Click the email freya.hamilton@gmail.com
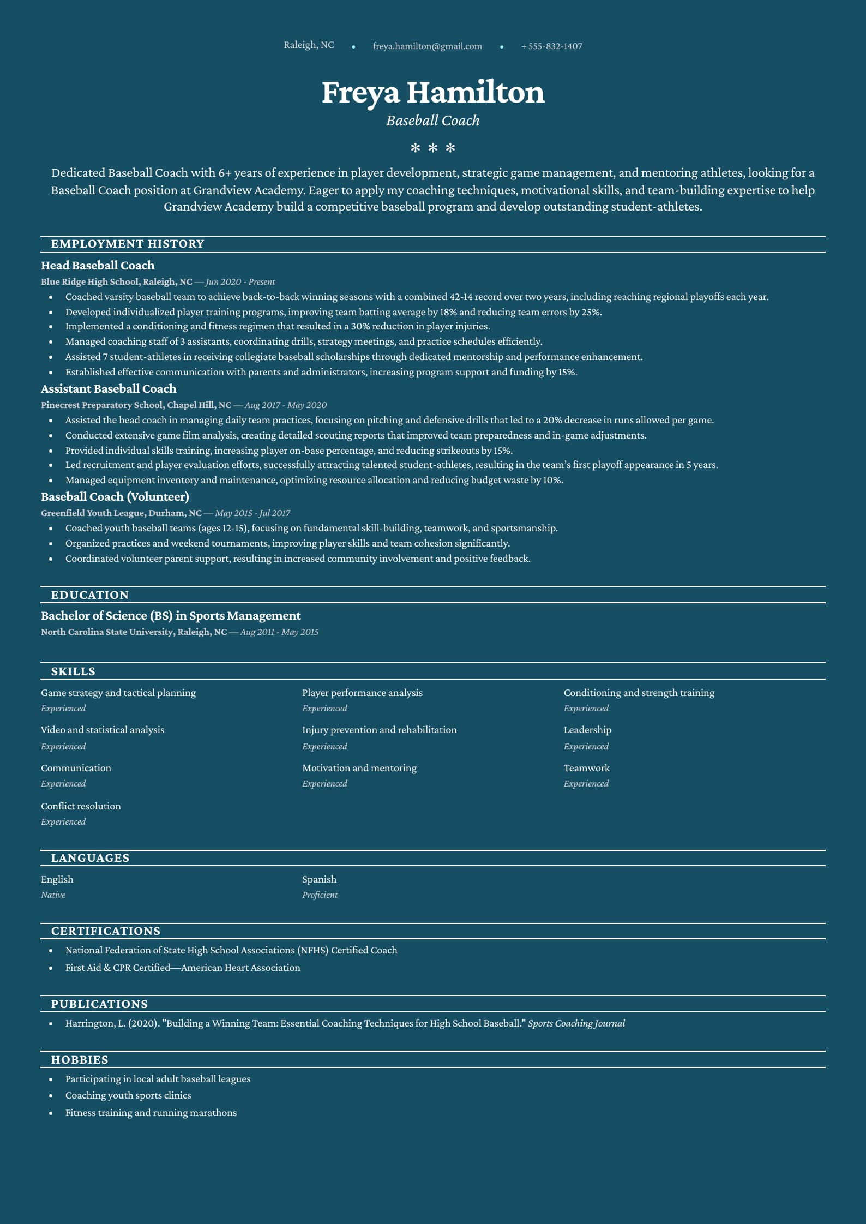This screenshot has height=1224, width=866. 427,46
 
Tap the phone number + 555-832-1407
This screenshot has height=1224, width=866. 551,46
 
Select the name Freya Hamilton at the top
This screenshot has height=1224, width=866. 433,92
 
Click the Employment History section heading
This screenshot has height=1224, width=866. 128,244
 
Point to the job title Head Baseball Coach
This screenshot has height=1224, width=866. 98,266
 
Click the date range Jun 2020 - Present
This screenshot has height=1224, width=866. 240,282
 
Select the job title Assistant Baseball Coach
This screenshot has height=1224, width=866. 109,389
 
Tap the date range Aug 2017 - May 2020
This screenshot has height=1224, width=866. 285,405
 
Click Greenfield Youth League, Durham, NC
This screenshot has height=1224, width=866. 121,513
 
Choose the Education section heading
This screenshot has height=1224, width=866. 90,595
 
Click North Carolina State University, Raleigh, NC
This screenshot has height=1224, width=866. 134,632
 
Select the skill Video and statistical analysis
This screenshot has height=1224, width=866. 103,730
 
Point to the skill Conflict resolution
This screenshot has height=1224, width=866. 81,806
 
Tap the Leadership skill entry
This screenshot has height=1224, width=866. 587,730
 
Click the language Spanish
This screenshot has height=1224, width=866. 319,879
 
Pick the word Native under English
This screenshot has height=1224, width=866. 53,895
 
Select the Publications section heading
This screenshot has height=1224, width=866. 99,1004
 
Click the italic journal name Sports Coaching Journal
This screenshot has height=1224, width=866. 576,1024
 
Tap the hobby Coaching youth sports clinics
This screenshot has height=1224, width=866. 128,1095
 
